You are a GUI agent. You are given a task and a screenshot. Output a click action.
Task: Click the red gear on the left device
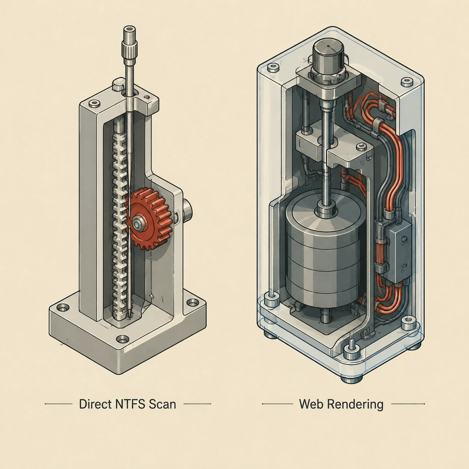(149, 219)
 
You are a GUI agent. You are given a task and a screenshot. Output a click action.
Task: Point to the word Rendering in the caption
(355, 404)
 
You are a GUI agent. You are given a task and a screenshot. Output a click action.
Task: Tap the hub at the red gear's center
(138, 223)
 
